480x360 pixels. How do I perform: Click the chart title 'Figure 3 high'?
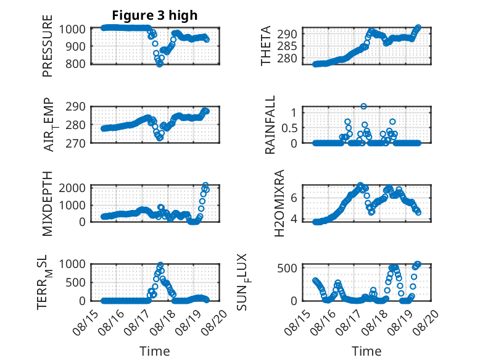pyautogui.click(x=155, y=15)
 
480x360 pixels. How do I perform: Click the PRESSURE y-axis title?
pyautogui.click(x=48, y=46)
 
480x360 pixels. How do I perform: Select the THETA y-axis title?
pyautogui.click(x=266, y=46)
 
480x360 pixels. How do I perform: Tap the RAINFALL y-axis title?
pyautogui.click(x=270, y=125)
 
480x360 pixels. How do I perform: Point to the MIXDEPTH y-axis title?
pyautogui.click(x=48, y=204)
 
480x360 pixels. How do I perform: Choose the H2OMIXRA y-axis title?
pyautogui.click(x=279, y=203)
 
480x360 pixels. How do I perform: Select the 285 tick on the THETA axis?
pyautogui.click(x=287, y=46)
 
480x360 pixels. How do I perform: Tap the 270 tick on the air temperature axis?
pyautogui.click(x=75, y=143)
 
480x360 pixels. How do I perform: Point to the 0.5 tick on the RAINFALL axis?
pyautogui.click(x=289, y=128)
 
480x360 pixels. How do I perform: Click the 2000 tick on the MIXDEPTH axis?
pyautogui.click(x=72, y=188)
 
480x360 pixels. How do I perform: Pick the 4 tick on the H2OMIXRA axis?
pyautogui.click(x=294, y=219)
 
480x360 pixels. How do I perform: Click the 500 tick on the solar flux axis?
pyautogui.click(x=287, y=268)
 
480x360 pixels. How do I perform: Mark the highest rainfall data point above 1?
pyautogui.click(x=363, y=106)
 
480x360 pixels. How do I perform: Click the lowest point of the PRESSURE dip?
pyautogui.click(x=160, y=64)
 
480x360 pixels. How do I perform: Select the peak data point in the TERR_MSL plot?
pyautogui.click(x=160, y=264)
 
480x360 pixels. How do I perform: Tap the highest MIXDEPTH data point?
pyautogui.click(x=205, y=185)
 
